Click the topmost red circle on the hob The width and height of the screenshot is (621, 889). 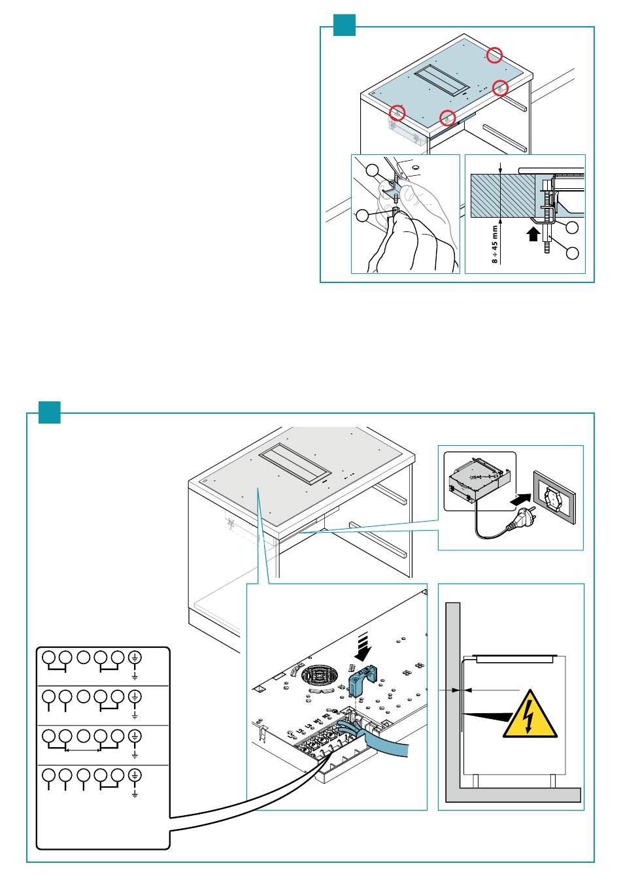coord(496,55)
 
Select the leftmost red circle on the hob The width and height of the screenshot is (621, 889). coord(397,113)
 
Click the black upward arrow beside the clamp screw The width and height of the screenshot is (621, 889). coord(534,233)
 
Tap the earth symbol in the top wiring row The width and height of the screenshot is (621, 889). coord(135,658)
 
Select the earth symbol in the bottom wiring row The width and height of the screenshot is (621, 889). coord(135,776)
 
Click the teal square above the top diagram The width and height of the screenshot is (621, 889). coord(344,25)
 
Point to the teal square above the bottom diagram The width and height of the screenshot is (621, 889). coord(49,412)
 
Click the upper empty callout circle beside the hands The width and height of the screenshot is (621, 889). coord(372,171)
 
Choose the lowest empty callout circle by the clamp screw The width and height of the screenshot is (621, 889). coord(573,252)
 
